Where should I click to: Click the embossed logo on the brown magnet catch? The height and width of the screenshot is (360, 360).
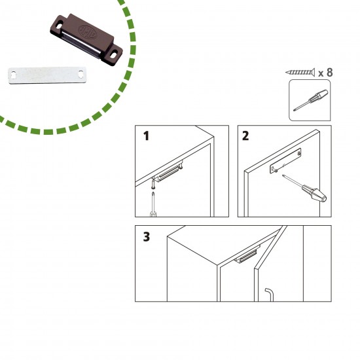[88, 32]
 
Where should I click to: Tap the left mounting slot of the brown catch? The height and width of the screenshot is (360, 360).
[59, 26]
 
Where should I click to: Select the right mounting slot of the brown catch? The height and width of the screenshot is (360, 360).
[113, 56]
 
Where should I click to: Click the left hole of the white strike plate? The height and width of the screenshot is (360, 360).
[13, 75]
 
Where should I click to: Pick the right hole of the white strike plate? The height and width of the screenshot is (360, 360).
[81, 74]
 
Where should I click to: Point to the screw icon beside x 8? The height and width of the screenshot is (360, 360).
[300, 72]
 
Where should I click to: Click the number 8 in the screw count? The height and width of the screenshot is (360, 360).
[329, 72]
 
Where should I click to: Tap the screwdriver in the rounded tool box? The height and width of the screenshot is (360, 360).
[311, 100]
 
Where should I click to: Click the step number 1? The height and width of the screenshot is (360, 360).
[146, 135]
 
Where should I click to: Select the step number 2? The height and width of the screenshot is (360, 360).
[245, 135]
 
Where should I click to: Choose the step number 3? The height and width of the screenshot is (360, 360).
[147, 237]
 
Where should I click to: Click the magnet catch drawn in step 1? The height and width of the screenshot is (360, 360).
[168, 172]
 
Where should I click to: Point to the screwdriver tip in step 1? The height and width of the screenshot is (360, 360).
[153, 192]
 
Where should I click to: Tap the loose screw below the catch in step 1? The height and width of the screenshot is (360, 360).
[153, 184]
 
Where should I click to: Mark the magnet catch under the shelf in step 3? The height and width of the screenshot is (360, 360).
[247, 254]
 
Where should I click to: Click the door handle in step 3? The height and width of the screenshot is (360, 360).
[269, 295]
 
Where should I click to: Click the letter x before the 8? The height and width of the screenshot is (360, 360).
[321, 74]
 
